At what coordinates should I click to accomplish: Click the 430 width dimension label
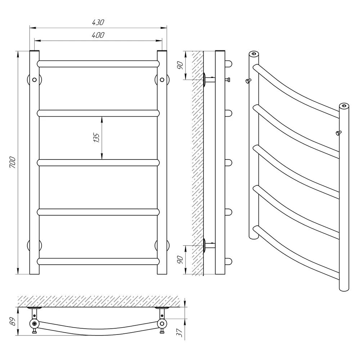[98, 22]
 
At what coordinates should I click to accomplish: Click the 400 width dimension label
[98, 35]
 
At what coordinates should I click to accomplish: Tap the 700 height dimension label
[13, 162]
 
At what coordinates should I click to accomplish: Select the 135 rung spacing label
[97, 138]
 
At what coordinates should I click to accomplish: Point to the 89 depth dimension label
[13, 321]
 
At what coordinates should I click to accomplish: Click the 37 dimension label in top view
[180, 332]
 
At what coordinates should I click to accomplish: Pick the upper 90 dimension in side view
[180, 66]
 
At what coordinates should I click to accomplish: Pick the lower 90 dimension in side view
[180, 260]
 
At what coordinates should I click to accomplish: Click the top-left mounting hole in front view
[35, 80]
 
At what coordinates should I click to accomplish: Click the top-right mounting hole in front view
[162, 80]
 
